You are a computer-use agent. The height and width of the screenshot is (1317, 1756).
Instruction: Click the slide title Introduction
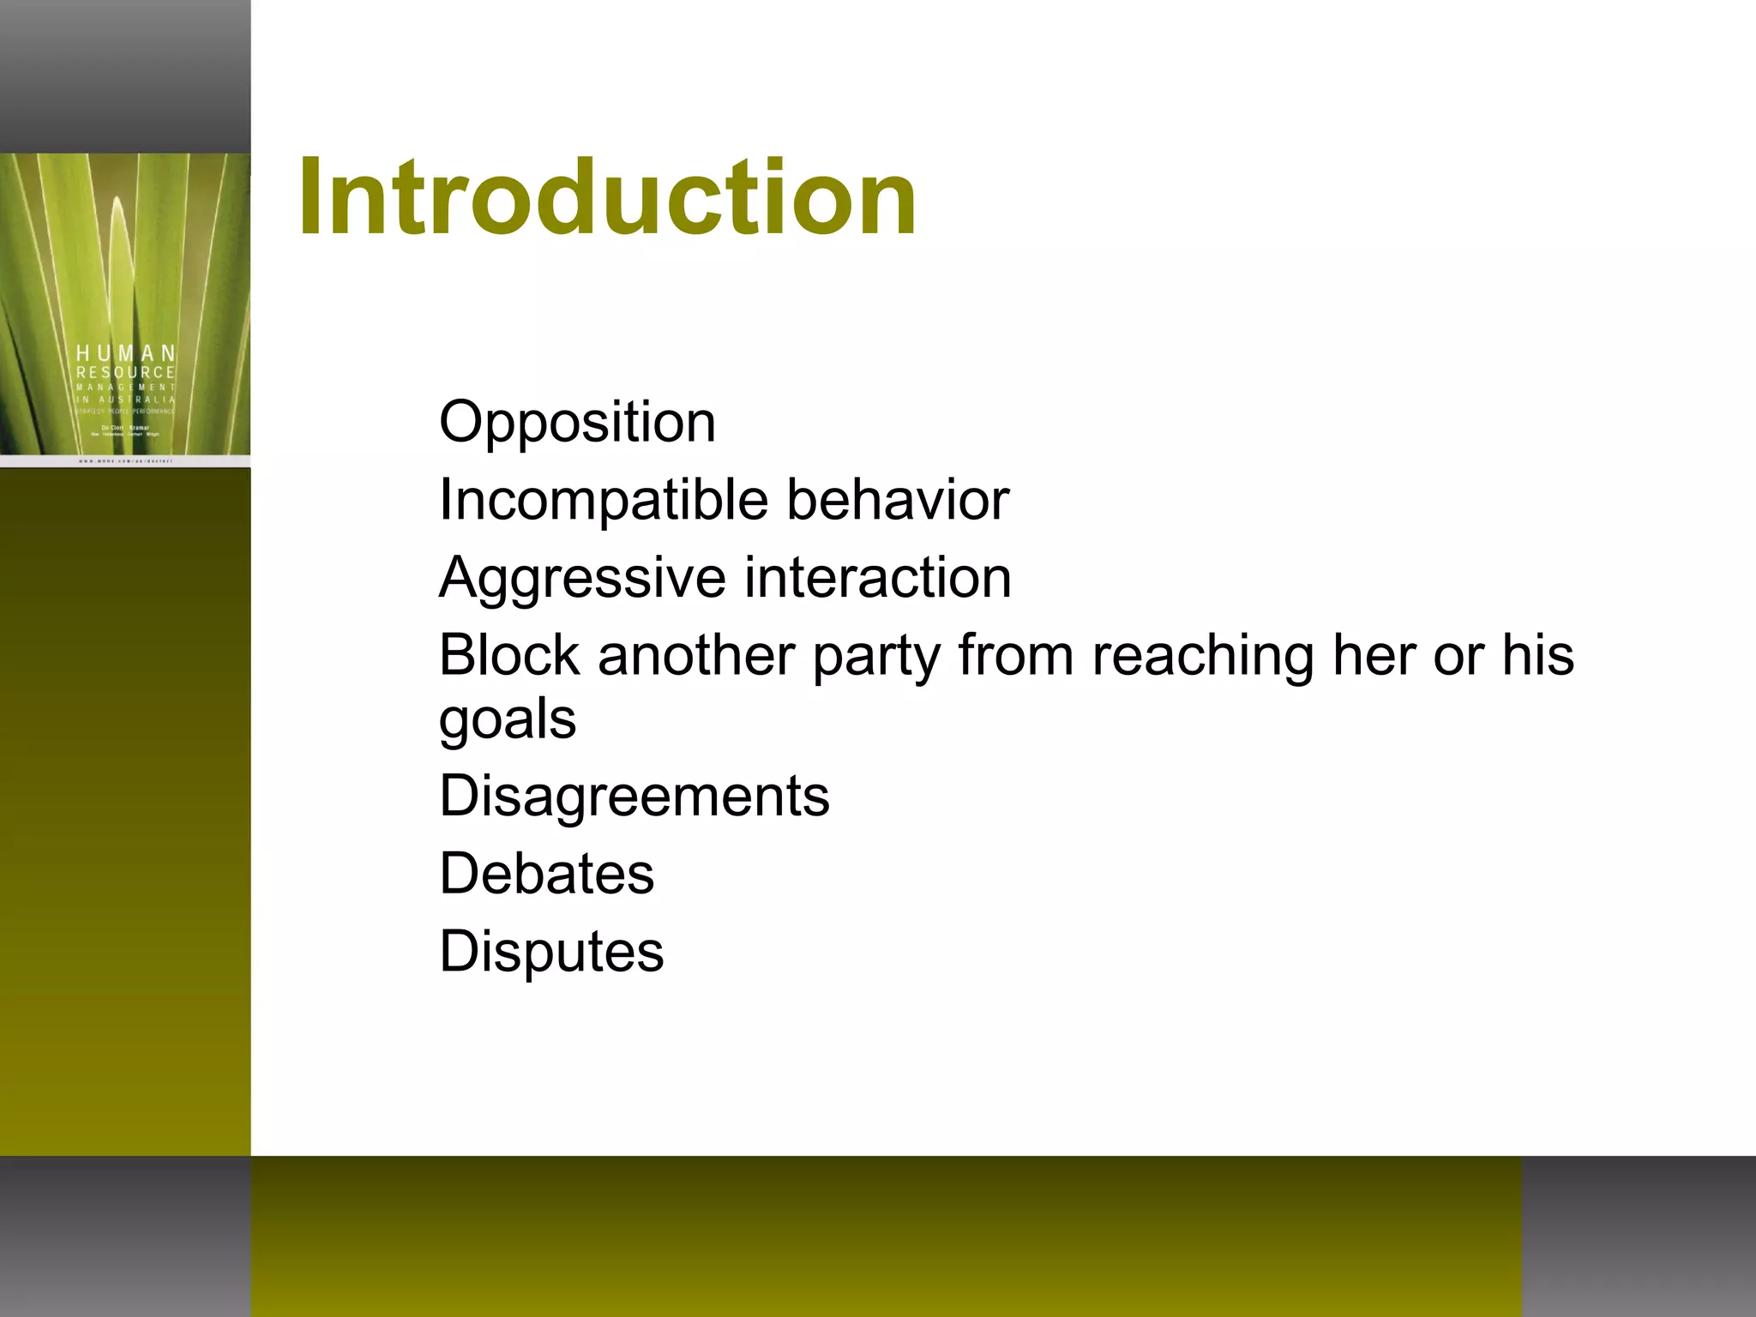click(x=607, y=198)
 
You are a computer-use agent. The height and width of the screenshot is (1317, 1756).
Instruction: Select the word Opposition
click(x=577, y=423)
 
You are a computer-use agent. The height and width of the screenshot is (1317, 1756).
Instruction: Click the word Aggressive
click(x=582, y=579)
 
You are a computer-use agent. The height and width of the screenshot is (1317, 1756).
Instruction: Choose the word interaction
click(x=878, y=577)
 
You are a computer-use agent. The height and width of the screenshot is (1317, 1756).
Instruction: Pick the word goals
click(x=508, y=720)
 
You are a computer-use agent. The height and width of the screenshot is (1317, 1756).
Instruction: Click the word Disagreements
click(x=634, y=797)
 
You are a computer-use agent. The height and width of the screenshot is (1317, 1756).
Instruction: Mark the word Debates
click(x=547, y=874)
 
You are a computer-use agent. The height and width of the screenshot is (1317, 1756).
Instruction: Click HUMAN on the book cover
click(x=126, y=353)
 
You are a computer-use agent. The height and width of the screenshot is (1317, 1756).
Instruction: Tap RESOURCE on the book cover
click(x=126, y=372)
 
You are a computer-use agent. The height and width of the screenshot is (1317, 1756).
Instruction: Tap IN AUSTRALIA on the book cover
click(x=126, y=400)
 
